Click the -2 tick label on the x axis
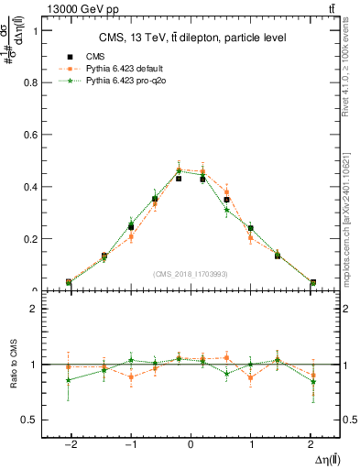click(x=69, y=442)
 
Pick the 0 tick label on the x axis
click(x=191, y=442)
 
